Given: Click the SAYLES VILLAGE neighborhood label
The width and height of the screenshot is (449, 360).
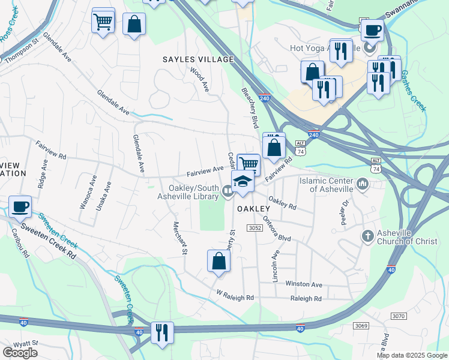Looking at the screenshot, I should [x=197, y=59].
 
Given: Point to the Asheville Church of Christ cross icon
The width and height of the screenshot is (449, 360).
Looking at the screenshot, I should [x=367, y=236].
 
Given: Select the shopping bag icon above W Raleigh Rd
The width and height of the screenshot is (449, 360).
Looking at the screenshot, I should [x=219, y=261].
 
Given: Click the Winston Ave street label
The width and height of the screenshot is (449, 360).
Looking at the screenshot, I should [x=304, y=284].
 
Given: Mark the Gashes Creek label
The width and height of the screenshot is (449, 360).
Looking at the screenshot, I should [x=414, y=90].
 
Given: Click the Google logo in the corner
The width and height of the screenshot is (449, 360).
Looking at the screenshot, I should [x=20, y=352].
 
